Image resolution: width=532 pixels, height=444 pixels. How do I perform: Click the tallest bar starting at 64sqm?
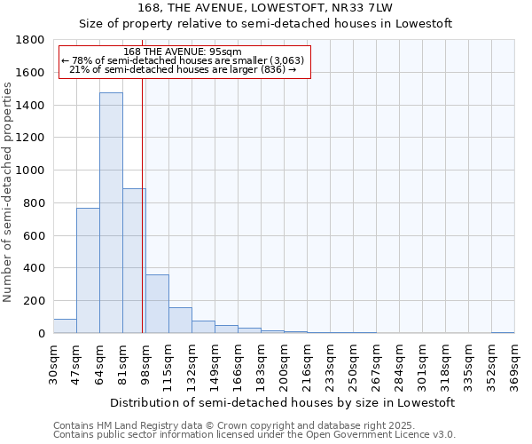[x=111, y=213]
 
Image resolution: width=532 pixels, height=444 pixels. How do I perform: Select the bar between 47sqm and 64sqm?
[x=88, y=271]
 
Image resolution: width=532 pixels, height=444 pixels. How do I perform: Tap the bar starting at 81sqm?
[x=134, y=261]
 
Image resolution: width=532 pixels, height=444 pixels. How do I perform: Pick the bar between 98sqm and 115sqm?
[x=157, y=304]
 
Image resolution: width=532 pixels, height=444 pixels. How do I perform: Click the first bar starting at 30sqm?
[x=65, y=326]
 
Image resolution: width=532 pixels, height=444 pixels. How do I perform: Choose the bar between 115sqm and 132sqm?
[x=180, y=321]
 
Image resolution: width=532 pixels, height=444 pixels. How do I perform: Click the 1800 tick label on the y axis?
[x=31, y=40]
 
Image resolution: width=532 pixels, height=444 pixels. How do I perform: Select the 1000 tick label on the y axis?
[x=31, y=170]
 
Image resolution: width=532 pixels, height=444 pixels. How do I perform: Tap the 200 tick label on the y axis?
[x=35, y=301]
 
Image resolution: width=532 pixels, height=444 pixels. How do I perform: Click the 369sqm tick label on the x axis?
[x=514, y=365]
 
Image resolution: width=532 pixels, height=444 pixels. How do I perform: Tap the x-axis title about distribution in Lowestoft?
[x=283, y=402]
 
